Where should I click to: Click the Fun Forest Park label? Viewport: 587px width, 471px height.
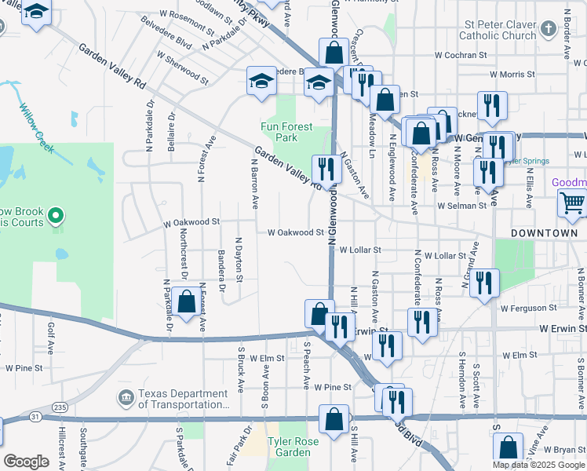point(286,132)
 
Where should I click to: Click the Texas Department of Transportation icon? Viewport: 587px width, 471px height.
point(125,400)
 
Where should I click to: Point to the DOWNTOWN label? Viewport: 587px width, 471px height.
point(544,234)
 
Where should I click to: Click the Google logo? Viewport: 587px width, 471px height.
point(26,462)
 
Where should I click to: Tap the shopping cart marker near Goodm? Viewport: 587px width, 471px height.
point(572,203)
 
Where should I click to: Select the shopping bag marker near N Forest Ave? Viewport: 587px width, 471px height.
point(187,303)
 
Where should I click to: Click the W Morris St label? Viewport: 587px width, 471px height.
point(511,74)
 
